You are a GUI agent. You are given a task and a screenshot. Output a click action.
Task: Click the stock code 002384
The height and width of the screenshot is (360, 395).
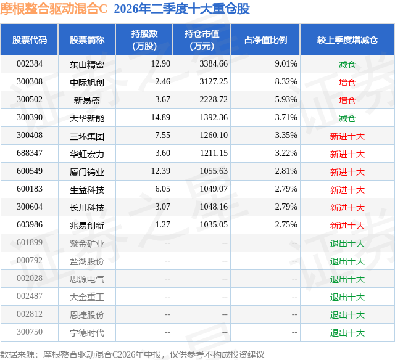(x=30, y=64)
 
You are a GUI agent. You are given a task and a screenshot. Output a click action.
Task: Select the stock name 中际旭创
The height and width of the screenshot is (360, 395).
(x=87, y=82)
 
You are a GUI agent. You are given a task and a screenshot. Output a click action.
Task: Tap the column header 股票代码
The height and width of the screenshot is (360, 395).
(x=30, y=39)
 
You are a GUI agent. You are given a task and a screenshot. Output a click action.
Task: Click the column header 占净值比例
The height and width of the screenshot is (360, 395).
(x=265, y=39)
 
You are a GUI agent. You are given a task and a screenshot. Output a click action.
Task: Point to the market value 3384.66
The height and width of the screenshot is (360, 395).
(x=214, y=64)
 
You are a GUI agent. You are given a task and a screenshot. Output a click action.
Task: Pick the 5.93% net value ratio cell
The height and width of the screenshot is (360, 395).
(x=286, y=100)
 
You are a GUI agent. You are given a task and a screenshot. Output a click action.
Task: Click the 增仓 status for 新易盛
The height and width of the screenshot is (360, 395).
(x=347, y=100)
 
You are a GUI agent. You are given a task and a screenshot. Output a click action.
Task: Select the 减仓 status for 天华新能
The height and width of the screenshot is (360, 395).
(x=347, y=118)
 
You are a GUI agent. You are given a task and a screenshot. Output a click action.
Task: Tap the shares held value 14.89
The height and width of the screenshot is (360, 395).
(x=160, y=118)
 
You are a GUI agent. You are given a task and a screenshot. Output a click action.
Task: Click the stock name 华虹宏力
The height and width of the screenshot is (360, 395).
(x=87, y=154)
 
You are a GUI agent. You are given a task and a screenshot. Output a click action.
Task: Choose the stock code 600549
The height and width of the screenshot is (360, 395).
(x=30, y=171)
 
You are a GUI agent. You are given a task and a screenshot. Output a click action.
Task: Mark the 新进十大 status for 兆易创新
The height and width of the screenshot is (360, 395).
(x=347, y=226)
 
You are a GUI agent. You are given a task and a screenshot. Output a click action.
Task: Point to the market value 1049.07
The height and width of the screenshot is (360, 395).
(x=214, y=189)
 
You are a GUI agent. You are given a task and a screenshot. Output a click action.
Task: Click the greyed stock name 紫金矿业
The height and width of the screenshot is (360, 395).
(x=87, y=243)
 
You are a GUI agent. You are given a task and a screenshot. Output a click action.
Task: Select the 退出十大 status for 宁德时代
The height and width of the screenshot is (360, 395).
(x=347, y=333)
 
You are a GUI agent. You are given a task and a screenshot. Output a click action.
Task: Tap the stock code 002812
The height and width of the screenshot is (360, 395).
(x=30, y=314)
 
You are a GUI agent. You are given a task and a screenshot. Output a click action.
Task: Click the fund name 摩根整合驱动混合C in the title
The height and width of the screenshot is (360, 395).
(x=54, y=9)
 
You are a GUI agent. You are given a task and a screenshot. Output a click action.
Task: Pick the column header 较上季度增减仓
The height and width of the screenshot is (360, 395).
(x=347, y=39)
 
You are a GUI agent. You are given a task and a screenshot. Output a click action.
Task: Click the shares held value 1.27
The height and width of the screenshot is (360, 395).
(x=163, y=224)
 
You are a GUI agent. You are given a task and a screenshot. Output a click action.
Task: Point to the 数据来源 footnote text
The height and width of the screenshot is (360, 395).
(x=132, y=354)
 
